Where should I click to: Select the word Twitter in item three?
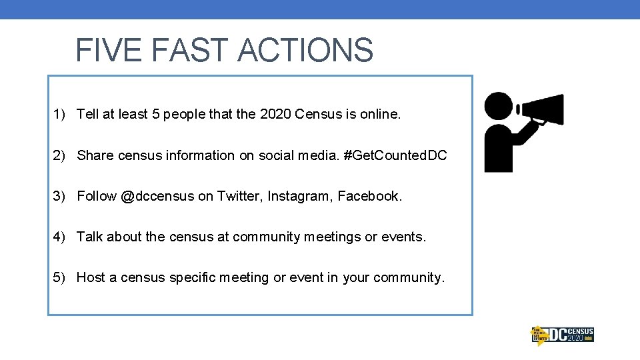coord(239,197)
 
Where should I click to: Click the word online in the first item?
coord(382,115)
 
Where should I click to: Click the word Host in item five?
coord(91,277)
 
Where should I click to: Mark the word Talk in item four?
coord(90,237)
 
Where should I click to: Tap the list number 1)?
coord(60,115)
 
